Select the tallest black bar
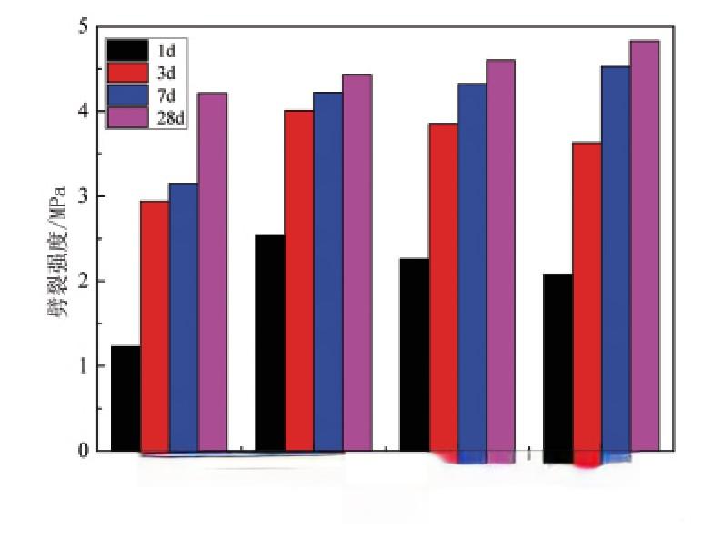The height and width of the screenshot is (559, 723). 270,343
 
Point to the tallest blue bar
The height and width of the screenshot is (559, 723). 616,258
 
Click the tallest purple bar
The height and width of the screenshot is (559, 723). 645,245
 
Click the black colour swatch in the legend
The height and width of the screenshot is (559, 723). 127,49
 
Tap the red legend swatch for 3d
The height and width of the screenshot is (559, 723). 127,71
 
